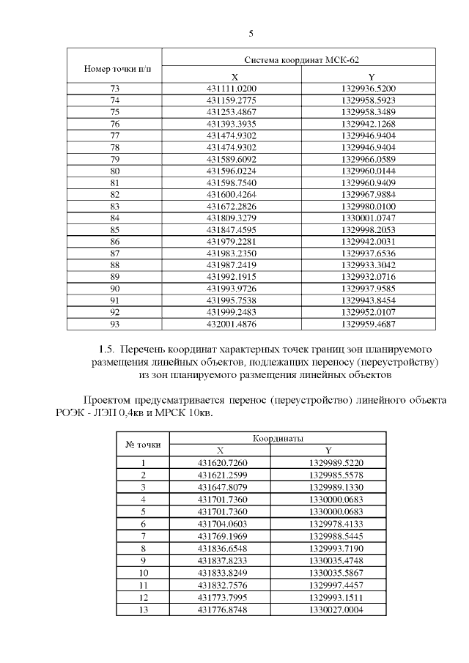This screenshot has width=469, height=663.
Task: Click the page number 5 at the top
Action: click(x=251, y=34)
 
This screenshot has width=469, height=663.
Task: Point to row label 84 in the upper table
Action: click(x=114, y=218)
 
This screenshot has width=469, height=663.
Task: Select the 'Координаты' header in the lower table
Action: click(x=278, y=438)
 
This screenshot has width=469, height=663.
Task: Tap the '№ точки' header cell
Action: click(x=143, y=445)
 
